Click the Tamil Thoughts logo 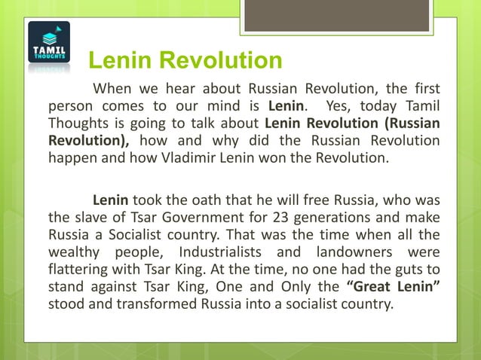(x=49, y=46)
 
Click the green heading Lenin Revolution (x=185, y=60)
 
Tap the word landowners (x=362, y=253)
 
